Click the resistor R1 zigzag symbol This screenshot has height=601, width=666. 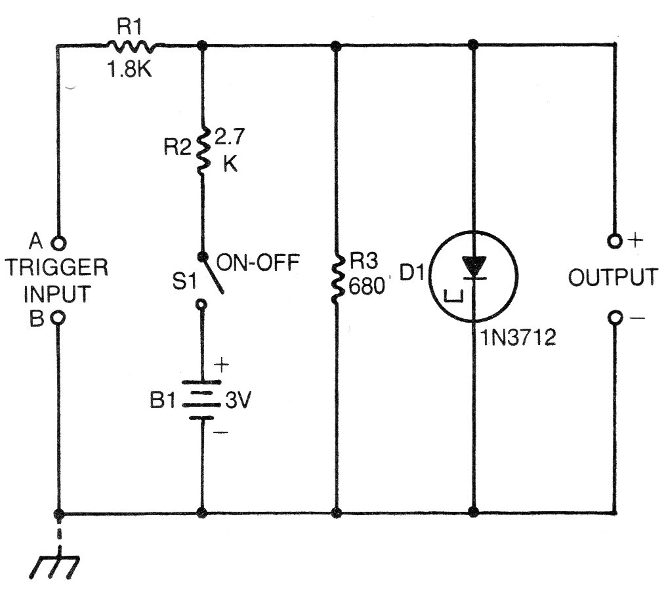click(x=131, y=46)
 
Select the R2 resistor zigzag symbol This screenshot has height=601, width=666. click(x=202, y=149)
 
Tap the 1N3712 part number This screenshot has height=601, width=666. click(x=517, y=339)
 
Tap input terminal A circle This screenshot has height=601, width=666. click(x=58, y=242)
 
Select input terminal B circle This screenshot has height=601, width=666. click(x=58, y=318)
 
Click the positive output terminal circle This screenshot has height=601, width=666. click(x=614, y=241)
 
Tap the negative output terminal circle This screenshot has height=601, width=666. click(x=614, y=318)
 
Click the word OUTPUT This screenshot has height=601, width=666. click(x=612, y=278)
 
